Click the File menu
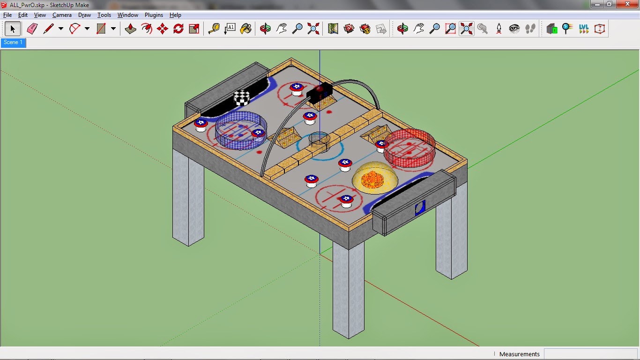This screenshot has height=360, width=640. pyautogui.click(x=7, y=15)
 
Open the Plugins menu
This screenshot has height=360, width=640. pyautogui.click(x=154, y=15)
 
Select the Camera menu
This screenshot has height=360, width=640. pyautogui.click(x=62, y=15)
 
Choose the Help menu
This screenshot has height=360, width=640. pyautogui.click(x=175, y=15)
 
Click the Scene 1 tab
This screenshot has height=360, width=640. pyautogui.click(x=13, y=42)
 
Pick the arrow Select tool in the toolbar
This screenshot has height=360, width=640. pyautogui.click(x=13, y=29)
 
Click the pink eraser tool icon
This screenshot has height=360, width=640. pyautogui.click(x=32, y=29)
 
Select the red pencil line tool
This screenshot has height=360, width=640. pyautogui.click(x=48, y=29)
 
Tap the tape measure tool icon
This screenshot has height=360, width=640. pyautogui.click(x=214, y=29)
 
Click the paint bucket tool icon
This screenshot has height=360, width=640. pyautogui.click(x=246, y=29)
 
